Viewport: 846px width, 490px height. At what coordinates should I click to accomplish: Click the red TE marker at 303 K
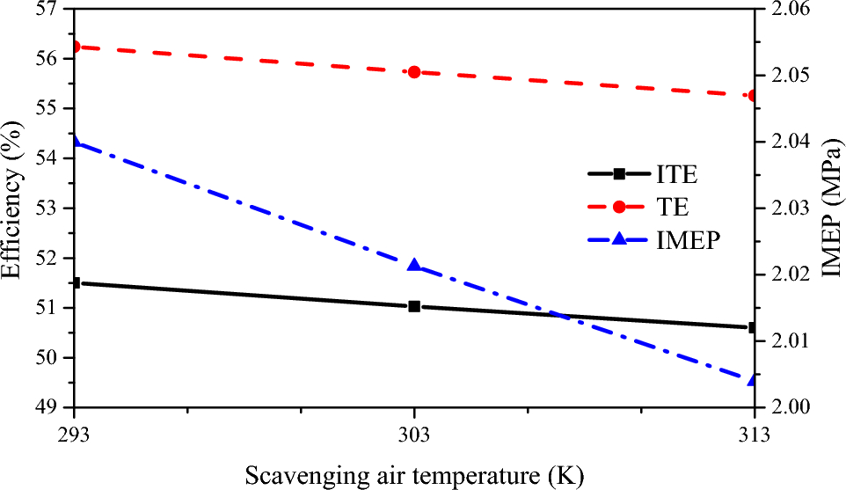coord(414,72)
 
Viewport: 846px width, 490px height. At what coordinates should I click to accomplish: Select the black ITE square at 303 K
coord(414,306)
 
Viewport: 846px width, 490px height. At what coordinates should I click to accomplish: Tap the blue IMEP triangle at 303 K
coord(414,266)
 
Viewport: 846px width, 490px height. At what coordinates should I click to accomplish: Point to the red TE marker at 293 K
coord(76,47)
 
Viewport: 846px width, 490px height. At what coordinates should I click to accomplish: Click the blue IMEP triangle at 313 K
coord(753,380)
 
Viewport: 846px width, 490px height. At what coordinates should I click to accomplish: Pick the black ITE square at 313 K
coord(753,327)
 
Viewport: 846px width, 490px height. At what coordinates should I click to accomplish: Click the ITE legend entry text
coord(676,174)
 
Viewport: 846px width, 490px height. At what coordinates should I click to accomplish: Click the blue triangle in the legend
coord(619,241)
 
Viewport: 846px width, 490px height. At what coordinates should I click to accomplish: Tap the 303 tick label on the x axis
coord(414,435)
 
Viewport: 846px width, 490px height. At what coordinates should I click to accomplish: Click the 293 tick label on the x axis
coord(75,435)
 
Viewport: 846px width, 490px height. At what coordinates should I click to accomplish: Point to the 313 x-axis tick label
coord(753,435)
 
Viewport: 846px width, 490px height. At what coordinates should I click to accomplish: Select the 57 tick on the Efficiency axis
coord(55,10)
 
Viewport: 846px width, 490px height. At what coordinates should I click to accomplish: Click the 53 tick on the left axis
coord(55,208)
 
